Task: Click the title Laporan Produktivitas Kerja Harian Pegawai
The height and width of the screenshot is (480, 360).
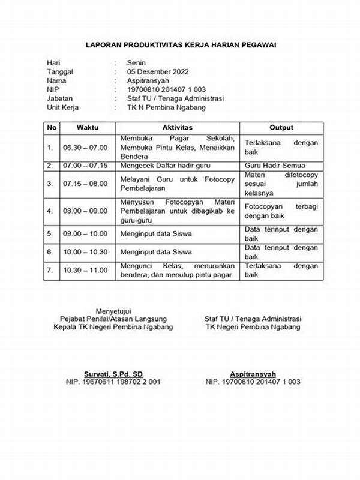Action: click(x=180, y=45)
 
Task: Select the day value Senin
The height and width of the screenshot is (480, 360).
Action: click(x=136, y=62)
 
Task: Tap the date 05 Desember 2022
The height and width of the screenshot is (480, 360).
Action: click(x=158, y=71)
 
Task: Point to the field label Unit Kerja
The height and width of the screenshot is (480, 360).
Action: click(x=63, y=107)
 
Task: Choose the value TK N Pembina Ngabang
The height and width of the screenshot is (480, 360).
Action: click(x=166, y=107)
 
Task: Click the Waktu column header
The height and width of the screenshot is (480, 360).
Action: click(x=87, y=128)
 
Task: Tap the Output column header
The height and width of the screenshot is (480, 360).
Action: click(x=281, y=128)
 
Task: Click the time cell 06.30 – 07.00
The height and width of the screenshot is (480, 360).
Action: click(x=85, y=147)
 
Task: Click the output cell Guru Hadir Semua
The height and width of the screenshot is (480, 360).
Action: click(x=275, y=165)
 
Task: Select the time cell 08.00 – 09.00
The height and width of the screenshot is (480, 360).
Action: click(x=85, y=211)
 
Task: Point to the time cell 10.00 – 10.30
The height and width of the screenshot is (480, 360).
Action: click(x=85, y=253)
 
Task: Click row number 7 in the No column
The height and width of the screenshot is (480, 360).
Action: click(x=50, y=271)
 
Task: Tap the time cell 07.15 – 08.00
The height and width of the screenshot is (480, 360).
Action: click(x=85, y=184)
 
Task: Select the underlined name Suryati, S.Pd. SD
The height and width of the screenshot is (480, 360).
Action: click(x=113, y=373)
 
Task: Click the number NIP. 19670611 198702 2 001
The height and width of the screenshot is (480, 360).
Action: click(x=113, y=382)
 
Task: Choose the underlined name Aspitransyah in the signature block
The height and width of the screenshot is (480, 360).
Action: click(x=253, y=373)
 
